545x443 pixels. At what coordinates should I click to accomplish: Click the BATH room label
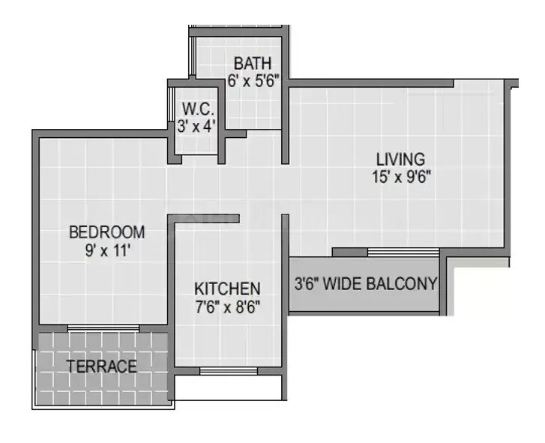coord(252,63)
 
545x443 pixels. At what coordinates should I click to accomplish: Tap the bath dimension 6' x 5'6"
coord(254,81)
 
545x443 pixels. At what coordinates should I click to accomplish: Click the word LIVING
coord(401,159)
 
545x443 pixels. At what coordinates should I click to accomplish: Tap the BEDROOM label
coord(106,232)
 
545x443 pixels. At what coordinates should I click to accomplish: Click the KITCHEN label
coord(227,289)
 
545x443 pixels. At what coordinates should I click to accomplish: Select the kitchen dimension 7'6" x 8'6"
coord(229,307)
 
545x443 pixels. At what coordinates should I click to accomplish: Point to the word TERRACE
coord(102,367)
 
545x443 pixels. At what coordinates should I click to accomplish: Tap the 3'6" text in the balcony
coord(308,283)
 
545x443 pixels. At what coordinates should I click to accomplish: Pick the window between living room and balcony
coord(403,252)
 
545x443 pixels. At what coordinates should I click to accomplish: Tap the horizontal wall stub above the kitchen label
coord(206,218)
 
